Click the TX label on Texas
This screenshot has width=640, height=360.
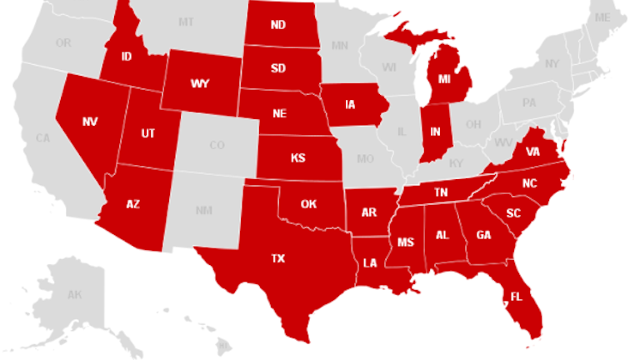[277, 258]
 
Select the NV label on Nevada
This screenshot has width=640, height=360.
[90, 121]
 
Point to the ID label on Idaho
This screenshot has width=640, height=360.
[127, 57]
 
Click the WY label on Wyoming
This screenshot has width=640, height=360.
[199, 84]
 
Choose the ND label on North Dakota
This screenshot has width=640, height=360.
[277, 24]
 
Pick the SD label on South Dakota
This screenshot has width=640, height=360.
[277, 68]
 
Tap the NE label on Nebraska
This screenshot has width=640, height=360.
[281, 113]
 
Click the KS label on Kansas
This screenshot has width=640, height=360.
[297, 157]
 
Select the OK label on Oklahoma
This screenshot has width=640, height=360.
[309, 203]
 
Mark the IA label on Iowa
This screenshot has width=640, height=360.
[351, 105]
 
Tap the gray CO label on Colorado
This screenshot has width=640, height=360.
[217, 146]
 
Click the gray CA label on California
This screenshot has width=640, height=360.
[43, 138]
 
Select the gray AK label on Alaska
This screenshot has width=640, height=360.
[74, 295]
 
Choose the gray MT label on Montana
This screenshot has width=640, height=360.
[186, 21]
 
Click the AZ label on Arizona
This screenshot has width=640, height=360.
[132, 203]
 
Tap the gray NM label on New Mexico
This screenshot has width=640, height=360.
[203, 210]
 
